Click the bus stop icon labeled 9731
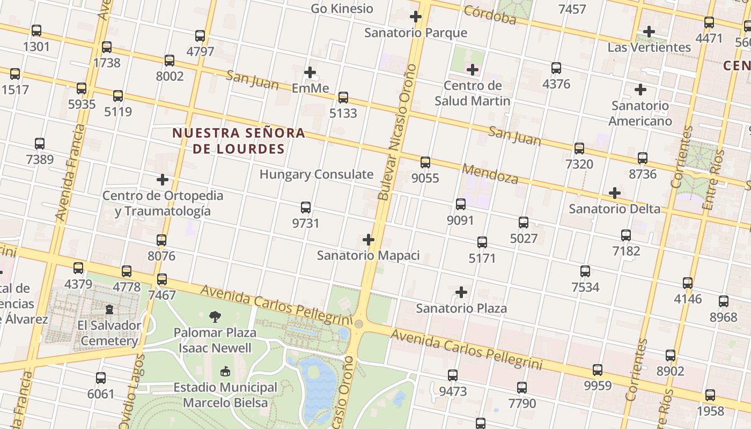306,208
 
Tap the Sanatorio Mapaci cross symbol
369,240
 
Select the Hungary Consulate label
316,174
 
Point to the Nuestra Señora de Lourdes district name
239,140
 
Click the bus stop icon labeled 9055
425,162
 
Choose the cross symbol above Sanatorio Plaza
461,292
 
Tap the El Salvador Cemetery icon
109,309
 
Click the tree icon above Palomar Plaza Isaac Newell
215,316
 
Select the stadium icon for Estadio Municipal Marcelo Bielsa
225,371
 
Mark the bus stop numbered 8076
161,240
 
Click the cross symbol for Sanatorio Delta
615,193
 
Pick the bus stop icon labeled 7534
585,271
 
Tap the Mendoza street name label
490,174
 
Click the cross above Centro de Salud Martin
472,70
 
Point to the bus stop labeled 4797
200,36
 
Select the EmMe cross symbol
310,72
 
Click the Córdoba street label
490,16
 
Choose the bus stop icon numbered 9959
598,370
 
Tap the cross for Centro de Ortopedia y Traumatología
163,180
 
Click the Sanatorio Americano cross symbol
640,90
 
